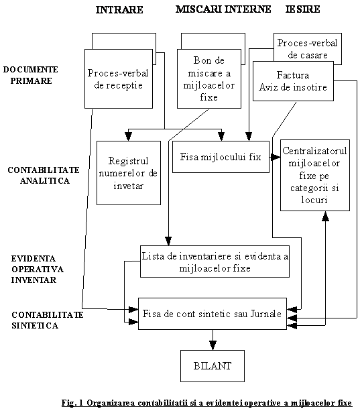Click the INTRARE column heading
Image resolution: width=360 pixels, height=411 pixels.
coord(119,9)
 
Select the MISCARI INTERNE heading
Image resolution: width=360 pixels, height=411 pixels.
coord(223,9)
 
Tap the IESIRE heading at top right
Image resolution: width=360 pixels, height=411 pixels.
coord(302,9)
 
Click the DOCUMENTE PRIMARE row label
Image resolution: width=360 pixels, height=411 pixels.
coord(31,75)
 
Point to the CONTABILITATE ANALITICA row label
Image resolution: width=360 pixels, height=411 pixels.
coord(44,176)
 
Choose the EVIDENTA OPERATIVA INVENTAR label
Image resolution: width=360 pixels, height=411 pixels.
coord(37,269)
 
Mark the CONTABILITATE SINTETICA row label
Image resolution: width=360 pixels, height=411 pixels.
coord(48,320)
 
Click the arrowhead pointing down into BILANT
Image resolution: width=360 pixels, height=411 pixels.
coord(213,345)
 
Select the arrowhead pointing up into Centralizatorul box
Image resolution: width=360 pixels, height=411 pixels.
coord(325,216)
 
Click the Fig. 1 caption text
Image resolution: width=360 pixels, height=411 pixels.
coord(206,402)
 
